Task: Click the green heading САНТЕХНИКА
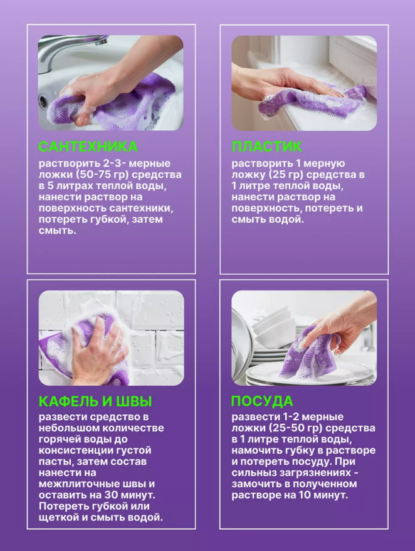88,147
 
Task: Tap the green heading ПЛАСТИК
266,147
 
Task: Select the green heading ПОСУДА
262,401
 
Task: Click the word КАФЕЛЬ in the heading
68,401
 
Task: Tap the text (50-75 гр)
98,175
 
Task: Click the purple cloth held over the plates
310,353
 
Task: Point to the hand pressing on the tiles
98,351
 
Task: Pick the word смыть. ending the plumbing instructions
57,231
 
